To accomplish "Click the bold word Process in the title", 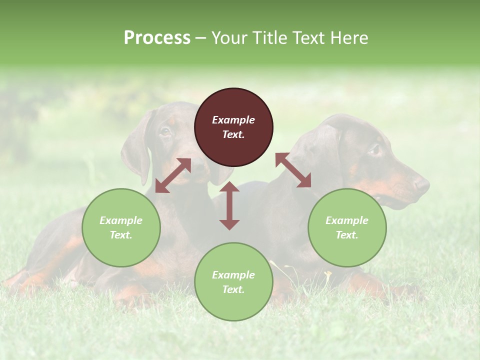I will (x=157, y=38).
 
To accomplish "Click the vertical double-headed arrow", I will (x=229, y=205).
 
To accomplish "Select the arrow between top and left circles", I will (x=173, y=175).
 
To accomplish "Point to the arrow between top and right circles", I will (x=293, y=170).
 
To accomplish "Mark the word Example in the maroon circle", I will (x=233, y=120).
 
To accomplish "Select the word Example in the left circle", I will (x=121, y=220).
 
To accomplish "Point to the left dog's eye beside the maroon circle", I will (x=165, y=132).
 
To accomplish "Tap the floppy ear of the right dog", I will (x=325, y=150).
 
